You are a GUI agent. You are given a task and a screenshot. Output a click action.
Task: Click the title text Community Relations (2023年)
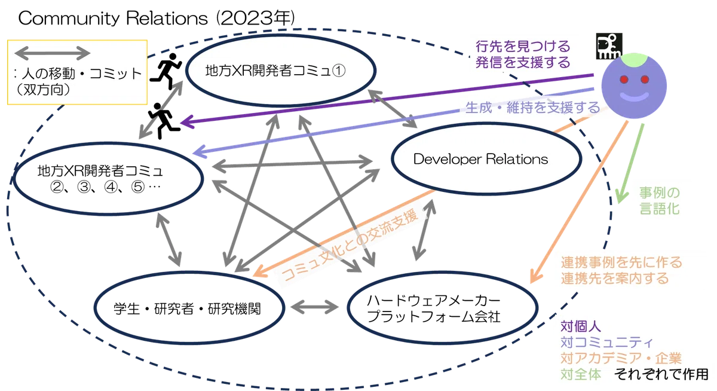click(157, 18)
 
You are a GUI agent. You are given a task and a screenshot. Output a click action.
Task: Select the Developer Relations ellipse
click(486, 123)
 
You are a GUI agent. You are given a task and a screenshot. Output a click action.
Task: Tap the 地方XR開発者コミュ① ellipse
click(281, 35)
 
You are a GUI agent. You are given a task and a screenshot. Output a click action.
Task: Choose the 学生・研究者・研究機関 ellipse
click(189, 273)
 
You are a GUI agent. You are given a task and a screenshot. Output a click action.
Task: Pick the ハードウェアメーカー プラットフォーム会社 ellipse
click(443, 273)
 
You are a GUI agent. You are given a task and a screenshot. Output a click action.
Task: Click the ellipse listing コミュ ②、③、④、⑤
click(108, 143)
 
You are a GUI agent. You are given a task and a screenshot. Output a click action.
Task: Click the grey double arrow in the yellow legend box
click(53, 53)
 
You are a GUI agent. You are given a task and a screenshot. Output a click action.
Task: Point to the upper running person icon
click(167, 71)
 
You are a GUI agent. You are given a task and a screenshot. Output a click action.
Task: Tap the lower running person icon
click(164, 121)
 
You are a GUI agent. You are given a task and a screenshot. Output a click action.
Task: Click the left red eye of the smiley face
click(624, 79)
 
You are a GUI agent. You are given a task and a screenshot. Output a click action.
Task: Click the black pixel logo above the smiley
click(609, 46)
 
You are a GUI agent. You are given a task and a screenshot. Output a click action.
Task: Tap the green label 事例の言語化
click(660, 200)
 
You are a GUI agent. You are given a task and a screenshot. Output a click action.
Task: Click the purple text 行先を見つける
click(523, 47)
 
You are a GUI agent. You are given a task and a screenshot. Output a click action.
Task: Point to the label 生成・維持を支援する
click(532, 107)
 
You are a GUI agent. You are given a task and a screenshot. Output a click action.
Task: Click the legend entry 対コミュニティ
click(606, 343)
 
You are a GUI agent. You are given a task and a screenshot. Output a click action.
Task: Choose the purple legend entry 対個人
click(581, 326)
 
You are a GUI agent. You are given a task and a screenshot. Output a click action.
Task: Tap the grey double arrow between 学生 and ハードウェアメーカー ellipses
click(315, 307)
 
